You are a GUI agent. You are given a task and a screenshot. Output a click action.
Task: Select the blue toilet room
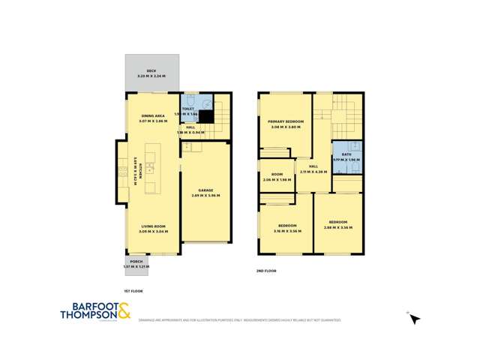(190, 106)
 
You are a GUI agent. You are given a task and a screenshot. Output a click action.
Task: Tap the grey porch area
(137, 263)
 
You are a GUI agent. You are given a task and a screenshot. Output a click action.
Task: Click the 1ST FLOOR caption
(133, 289)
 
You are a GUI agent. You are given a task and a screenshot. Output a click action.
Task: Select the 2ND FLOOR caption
(267, 270)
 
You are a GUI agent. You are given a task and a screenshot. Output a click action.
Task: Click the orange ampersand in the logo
(124, 309)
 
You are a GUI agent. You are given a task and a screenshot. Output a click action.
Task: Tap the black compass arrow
(414, 319)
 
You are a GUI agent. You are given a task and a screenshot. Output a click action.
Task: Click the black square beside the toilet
(202, 117)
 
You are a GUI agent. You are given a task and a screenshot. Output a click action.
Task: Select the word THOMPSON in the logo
(88, 315)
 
